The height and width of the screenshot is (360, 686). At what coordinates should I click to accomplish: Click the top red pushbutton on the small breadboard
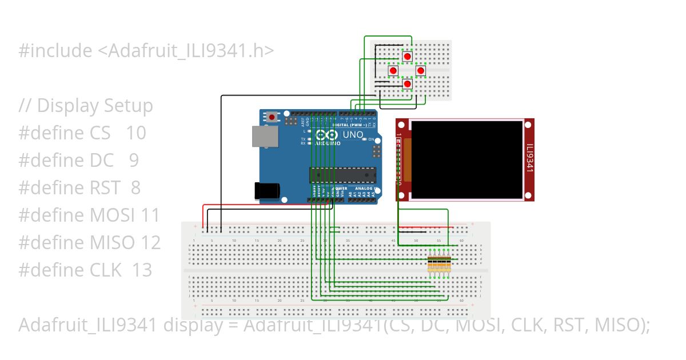(x=407, y=57)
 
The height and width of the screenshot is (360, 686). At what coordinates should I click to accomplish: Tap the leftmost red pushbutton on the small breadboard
(x=393, y=70)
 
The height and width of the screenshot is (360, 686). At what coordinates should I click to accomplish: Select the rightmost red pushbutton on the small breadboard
(x=421, y=70)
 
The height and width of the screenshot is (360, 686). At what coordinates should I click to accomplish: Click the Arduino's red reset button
(x=272, y=117)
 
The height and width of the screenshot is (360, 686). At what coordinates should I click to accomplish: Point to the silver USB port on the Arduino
(x=265, y=137)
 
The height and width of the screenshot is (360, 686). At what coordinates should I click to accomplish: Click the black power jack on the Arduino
(x=268, y=190)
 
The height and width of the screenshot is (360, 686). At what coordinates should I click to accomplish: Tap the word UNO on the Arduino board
(x=353, y=135)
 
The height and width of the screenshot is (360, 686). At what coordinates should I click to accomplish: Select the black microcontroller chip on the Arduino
(x=343, y=175)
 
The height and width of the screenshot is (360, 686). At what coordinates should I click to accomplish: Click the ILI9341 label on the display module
(x=529, y=158)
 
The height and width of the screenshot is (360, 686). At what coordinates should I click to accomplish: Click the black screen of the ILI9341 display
(x=466, y=159)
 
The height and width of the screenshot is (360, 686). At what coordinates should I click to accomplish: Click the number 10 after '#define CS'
(x=136, y=133)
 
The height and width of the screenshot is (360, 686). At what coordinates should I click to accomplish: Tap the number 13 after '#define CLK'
(x=142, y=270)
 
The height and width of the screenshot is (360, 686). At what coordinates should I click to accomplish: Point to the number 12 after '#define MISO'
(x=150, y=243)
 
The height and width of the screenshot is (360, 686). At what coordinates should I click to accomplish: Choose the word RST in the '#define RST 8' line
(x=105, y=188)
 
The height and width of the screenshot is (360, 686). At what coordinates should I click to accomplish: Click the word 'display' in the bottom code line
(x=189, y=325)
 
